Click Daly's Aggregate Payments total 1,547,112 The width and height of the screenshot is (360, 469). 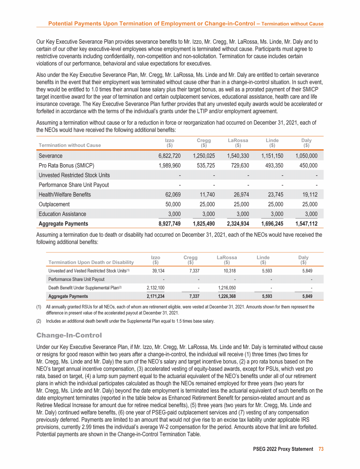click(x=306, y=224)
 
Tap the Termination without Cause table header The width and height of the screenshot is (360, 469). click(x=70, y=145)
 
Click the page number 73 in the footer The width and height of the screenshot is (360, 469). click(x=321, y=449)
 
